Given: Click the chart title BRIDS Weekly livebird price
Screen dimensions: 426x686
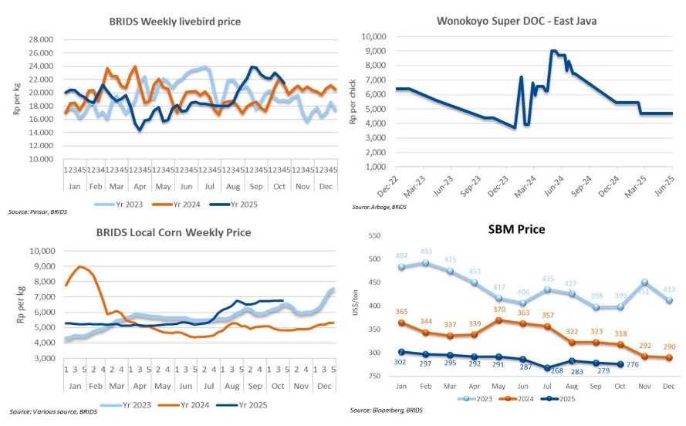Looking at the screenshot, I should click(x=174, y=21).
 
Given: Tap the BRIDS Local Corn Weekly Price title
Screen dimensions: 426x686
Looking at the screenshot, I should click(x=174, y=232).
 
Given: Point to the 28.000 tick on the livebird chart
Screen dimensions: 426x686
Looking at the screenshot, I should click(x=39, y=39).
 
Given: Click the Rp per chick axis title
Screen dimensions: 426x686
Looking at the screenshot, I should click(x=353, y=102).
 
